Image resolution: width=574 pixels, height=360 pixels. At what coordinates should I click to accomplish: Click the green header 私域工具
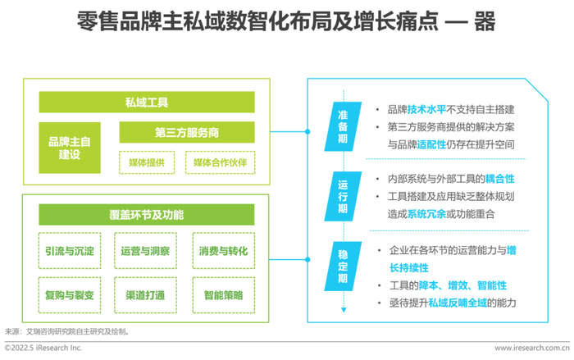click(x=147, y=103)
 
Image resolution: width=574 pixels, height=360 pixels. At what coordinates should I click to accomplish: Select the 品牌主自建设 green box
click(x=70, y=148)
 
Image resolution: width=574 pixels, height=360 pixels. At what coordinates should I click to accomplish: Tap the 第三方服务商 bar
click(x=187, y=132)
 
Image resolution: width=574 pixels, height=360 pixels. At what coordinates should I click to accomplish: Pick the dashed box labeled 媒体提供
click(x=147, y=162)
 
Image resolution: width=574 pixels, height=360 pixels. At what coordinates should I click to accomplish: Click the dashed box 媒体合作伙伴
click(x=221, y=162)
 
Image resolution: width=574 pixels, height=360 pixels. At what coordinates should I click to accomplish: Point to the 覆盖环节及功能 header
click(x=147, y=215)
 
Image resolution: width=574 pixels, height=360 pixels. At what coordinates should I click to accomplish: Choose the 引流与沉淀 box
click(x=70, y=251)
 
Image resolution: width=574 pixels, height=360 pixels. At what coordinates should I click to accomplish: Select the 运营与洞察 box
click(x=145, y=251)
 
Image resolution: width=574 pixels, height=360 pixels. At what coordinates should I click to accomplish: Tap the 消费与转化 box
click(x=224, y=251)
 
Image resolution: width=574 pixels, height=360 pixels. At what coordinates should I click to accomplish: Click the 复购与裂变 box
click(x=70, y=295)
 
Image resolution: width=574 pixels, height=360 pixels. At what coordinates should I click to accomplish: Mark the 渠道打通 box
click(x=145, y=295)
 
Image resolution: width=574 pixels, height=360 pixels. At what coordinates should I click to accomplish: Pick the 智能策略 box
click(x=224, y=295)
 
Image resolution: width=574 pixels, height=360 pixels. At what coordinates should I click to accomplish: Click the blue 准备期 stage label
click(x=343, y=127)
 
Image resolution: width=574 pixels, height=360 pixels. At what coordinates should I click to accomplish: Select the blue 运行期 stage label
click(x=343, y=196)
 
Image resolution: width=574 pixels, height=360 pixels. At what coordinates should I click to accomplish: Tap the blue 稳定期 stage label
click(x=343, y=267)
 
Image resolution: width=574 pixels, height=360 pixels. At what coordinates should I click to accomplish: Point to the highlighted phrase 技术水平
click(x=426, y=109)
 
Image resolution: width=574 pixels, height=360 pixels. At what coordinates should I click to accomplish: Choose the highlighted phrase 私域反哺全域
click(x=458, y=303)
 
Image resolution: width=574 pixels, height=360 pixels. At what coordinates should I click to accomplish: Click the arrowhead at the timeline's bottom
click(x=344, y=310)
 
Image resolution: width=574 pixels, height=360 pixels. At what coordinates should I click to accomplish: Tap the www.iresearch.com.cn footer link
click(x=532, y=348)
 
